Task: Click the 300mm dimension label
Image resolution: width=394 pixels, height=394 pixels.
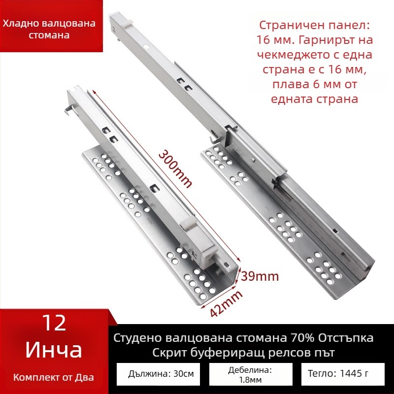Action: click(175, 167)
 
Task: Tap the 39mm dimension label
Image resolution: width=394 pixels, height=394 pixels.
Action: click(260, 276)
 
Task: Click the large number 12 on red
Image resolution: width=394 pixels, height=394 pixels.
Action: click(54, 323)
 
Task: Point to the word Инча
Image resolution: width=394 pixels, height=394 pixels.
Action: click(54, 350)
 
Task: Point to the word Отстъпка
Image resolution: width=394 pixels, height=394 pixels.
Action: click(343, 338)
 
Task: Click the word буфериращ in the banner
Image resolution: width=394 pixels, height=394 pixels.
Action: click(239, 354)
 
